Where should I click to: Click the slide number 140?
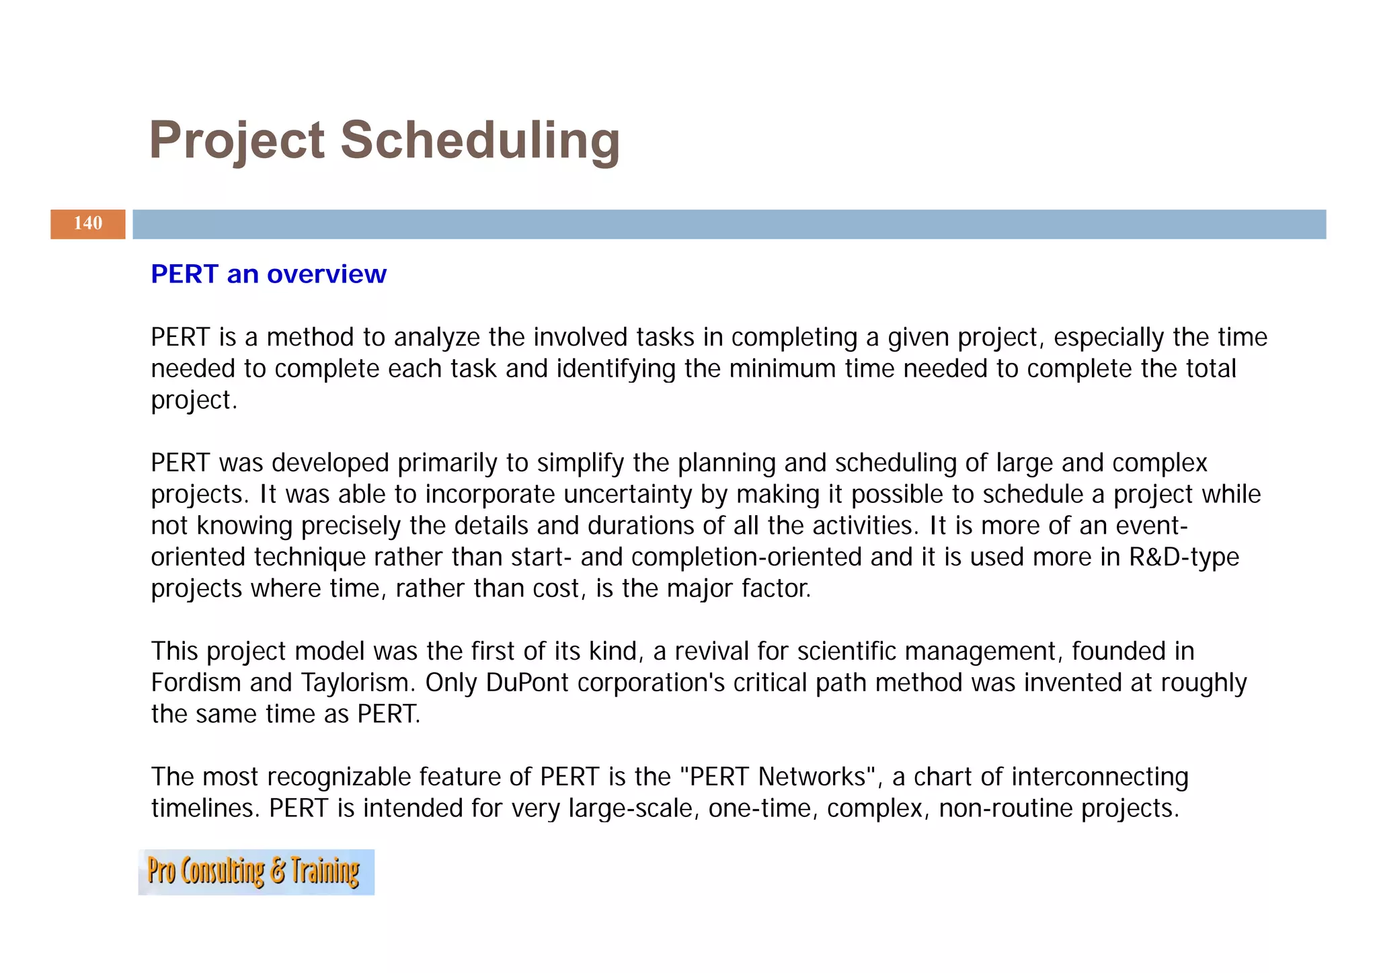87,224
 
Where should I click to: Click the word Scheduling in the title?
480,141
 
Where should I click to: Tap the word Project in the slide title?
237,141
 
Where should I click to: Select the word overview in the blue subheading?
327,274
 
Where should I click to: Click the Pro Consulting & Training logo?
256,872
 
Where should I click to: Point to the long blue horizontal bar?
729,224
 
